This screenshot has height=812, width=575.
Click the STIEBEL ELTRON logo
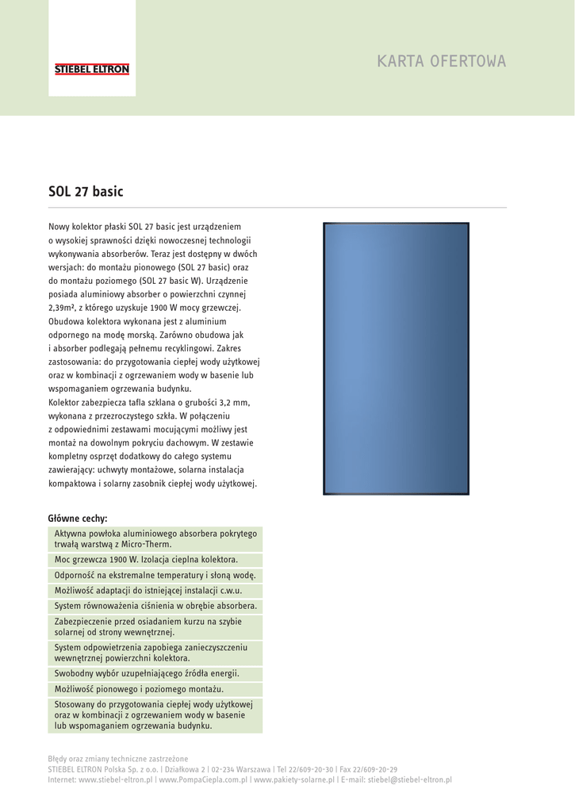(92, 70)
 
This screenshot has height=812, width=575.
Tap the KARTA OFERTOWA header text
(441, 62)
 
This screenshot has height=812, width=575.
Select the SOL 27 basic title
(86, 191)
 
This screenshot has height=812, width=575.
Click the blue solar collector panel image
(396, 358)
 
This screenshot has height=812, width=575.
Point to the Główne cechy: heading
(78, 519)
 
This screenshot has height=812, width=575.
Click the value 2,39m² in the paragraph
(65, 308)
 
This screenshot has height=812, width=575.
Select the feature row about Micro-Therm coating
(155, 539)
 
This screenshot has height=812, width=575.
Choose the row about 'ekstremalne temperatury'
(155, 575)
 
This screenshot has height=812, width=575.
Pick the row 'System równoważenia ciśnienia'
(155, 606)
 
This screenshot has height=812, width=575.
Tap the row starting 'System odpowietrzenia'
(155, 653)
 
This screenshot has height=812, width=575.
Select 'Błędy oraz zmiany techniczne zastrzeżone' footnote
(118, 759)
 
